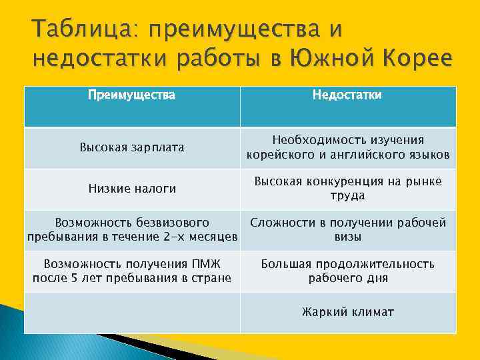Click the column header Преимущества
point(132,95)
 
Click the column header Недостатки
point(348,95)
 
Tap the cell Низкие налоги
point(132,189)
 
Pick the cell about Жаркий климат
point(348,311)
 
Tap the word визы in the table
point(348,237)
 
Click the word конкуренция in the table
point(337,181)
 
